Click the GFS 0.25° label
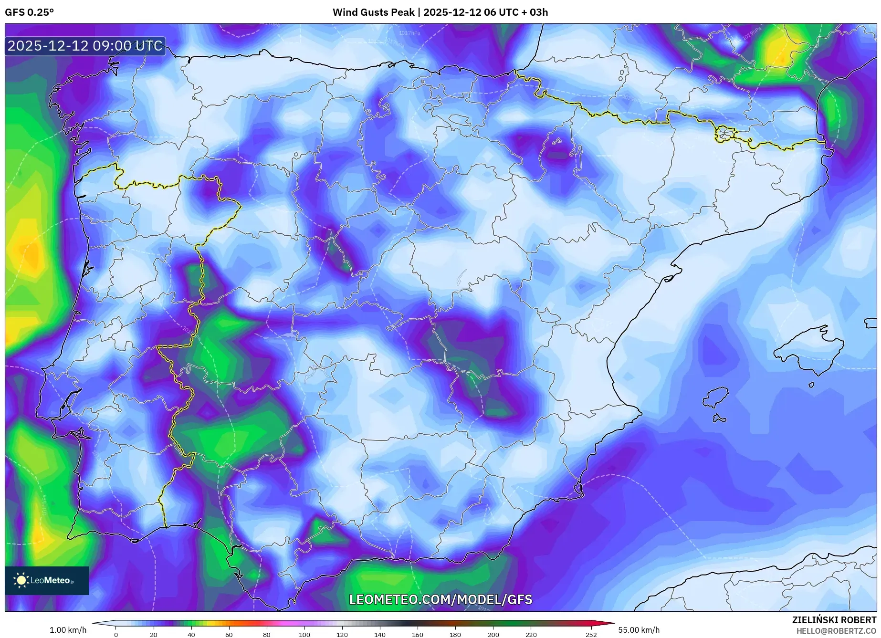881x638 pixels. point(29,12)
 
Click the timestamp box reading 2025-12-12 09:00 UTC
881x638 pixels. point(85,46)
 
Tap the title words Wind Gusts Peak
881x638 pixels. point(373,12)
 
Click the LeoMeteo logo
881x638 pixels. point(47,580)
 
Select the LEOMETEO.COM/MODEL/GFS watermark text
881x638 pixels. point(440,599)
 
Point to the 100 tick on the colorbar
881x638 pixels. point(304,634)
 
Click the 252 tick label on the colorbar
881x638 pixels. point(591,634)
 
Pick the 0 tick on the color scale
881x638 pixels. point(116,634)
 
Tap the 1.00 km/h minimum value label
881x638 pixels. point(68,630)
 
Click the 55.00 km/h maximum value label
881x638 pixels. point(639,630)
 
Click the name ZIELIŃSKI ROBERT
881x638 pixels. point(834,620)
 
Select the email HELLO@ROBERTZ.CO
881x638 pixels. point(836,631)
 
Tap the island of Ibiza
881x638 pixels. point(716,397)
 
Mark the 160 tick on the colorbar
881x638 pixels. point(417,634)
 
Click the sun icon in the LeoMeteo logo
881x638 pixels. point(21,580)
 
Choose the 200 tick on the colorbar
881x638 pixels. point(493,634)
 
